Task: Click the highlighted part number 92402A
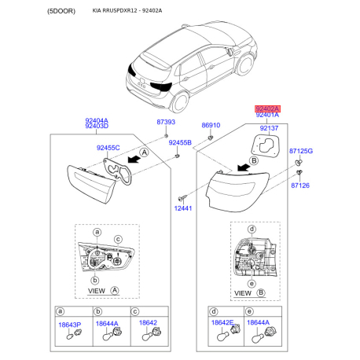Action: click(266, 108)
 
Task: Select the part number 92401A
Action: click(266, 116)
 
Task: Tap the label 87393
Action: click(165, 123)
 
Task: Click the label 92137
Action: click(270, 127)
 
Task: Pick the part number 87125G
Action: click(300, 150)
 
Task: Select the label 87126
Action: click(299, 186)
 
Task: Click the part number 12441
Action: click(183, 208)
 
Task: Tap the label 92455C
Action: click(108, 147)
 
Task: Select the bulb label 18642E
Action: click(222, 322)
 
